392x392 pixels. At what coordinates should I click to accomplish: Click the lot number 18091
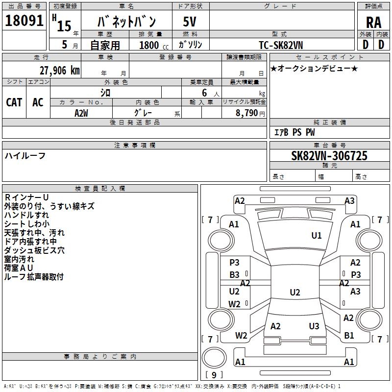click(x=24, y=21)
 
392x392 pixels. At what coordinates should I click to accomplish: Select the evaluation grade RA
click(x=373, y=23)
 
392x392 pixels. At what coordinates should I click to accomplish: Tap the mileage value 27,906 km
click(x=60, y=71)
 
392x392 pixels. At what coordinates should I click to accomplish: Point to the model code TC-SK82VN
click(x=281, y=45)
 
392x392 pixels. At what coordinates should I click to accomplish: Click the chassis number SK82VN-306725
click(x=329, y=155)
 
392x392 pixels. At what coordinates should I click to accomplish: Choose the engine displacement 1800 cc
click(x=154, y=45)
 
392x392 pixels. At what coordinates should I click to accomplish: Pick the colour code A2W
click(x=81, y=113)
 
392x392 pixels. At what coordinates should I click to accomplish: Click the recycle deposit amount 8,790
click(x=247, y=113)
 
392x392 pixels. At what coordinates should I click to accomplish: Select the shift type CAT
click(x=14, y=102)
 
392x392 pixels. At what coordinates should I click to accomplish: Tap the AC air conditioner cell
click(x=38, y=102)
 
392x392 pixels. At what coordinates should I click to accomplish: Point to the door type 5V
click(x=190, y=22)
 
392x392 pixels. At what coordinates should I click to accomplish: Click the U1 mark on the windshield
click(x=316, y=235)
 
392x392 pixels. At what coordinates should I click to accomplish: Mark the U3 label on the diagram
click(x=314, y=326)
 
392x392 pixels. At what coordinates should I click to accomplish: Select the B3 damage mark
click(x=234, y=275)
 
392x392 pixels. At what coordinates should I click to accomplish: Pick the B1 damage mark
click(x=349, y=335)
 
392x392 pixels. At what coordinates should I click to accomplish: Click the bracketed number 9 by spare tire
click(x=214, y=375)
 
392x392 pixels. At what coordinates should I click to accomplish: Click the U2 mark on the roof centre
click(x=295, y=292)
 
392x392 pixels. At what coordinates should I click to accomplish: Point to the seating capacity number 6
click(x=204, y=93)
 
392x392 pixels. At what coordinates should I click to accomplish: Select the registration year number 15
click(x=64, y=26)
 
